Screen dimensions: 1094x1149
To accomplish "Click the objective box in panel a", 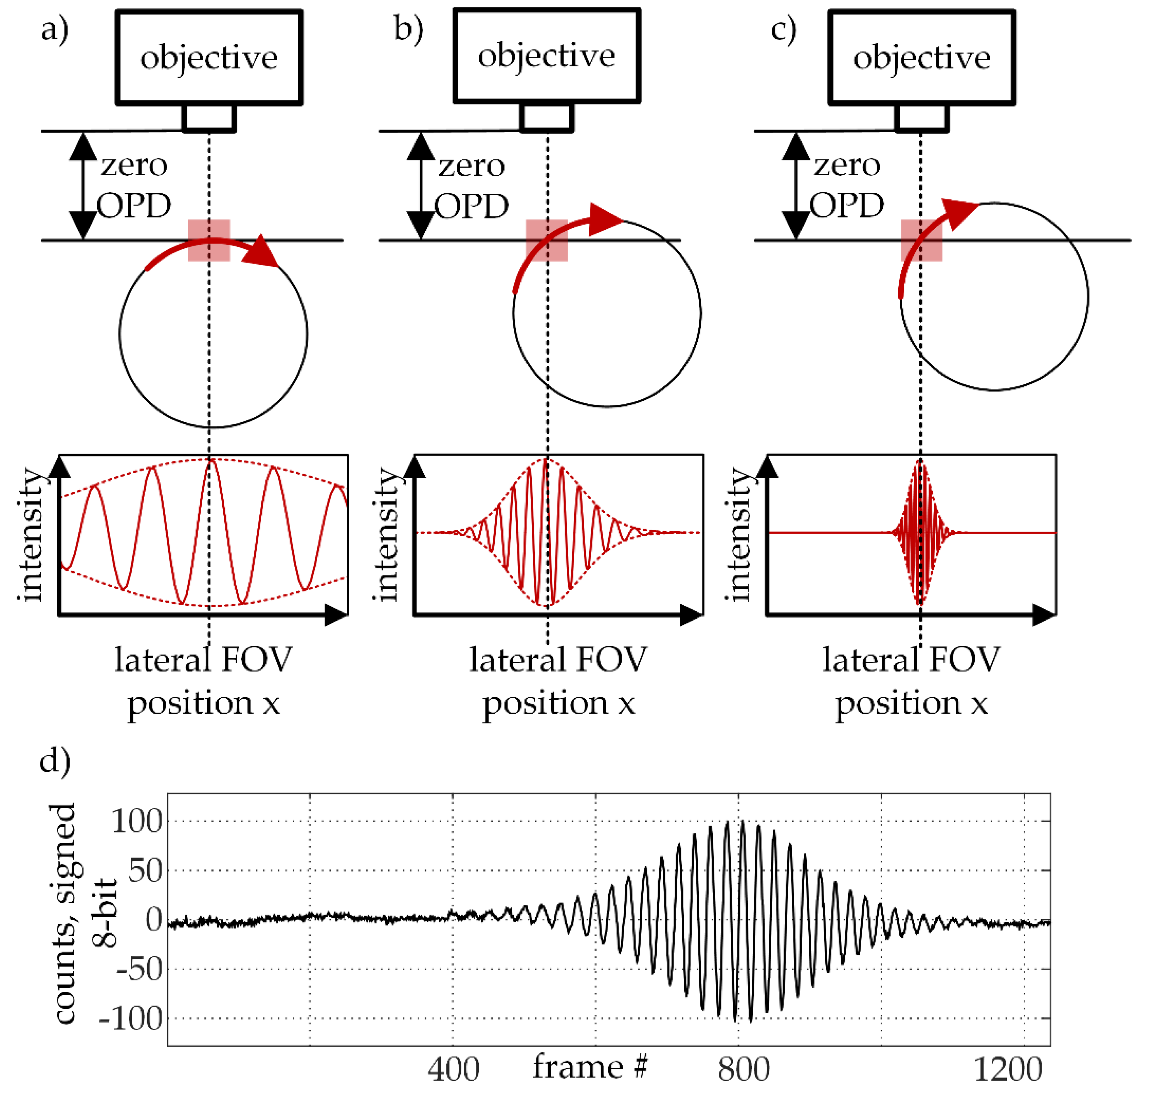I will click(x=209, y=57).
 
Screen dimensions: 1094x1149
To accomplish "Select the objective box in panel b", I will click(x=547, y=56).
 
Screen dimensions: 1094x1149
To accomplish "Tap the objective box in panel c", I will click(x=922, y=57).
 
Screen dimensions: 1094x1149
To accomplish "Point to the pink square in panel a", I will click(x=209, y=240).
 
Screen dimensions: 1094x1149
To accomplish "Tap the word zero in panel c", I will click(x=847, y=165).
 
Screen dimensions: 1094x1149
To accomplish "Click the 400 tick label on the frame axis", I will click(x=453, y=1068).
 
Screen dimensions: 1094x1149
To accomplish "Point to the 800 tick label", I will click(x=744, y=1068).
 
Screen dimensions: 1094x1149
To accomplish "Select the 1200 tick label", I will click(x=1008, y=1068).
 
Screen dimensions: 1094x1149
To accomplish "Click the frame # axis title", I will click(x=590, y=1066).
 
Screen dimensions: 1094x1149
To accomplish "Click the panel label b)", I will click(x=408, y=29).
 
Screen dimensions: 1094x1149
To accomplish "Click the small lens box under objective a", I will click(x=209, y=118).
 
